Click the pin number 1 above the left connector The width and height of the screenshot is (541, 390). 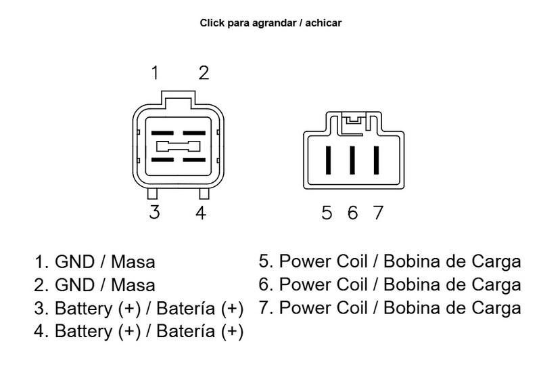(x=156, y=73)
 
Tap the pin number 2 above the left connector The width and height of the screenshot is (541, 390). (x=203, y=73)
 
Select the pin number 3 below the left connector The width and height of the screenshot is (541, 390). (x=155, y=212)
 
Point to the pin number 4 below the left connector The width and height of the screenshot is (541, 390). (x=201, y=212)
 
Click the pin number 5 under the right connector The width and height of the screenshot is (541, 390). (x=327, y=213)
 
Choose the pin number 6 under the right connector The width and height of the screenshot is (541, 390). (x=352, y=213)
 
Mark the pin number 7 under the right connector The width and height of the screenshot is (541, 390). (x=377, y=213)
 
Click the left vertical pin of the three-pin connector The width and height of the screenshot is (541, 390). (x=328, y=160)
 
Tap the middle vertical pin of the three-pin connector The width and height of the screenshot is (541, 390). (x=352, y=160)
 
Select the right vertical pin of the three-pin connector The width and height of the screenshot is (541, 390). (x=376, y=160)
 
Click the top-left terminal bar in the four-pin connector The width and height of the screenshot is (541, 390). (x=162, y=133)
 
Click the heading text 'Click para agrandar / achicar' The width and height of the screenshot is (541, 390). (x=270, y=23)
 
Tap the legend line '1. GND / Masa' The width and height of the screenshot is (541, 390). (x=95, y=262)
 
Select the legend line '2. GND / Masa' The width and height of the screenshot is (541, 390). (x=95, y=285)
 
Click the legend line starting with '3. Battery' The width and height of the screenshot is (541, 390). (x=139, y=309)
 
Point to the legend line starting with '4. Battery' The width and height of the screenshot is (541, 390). (x=139, y=332)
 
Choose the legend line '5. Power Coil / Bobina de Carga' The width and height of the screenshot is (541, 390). (x=390, y=261)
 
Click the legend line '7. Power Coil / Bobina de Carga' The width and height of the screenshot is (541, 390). (x=390, y=308)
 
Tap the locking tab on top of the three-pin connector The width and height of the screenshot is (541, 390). (x=352, y=121)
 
